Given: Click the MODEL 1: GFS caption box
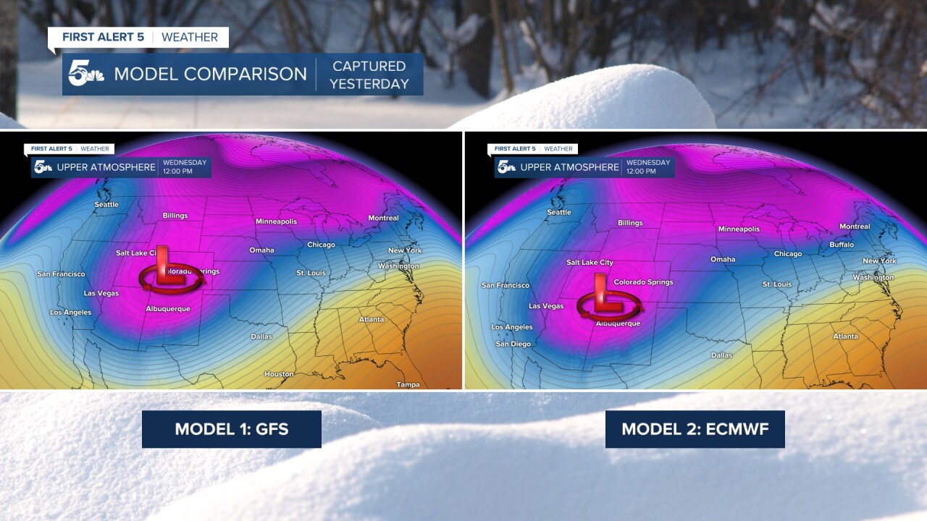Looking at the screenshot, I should (x=231, y=429).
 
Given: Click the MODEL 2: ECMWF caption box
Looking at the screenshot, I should (x=695, y=429).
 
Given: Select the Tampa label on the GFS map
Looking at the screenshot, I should (x=408, y=384).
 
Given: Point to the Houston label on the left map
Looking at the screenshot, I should (x=279, y=374).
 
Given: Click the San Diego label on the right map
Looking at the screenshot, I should (x=513, y=344).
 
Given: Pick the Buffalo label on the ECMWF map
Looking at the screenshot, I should (x=842, y=245).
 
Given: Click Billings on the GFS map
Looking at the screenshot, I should (x=175, y=216).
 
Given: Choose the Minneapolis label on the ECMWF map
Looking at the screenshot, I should (x=739, y=229).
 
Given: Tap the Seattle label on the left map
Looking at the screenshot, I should (x=106, y=205).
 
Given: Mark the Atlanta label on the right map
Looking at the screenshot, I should (x=845, y=336).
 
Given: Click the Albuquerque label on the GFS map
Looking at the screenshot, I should (x=168, y=309).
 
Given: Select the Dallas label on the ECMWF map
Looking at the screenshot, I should (x=721, y=355).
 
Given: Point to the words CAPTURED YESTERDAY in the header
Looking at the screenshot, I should (x=369, y=75).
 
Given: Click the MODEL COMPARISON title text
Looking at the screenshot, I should (x=210, y=74).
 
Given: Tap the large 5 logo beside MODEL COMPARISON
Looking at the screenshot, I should (x=85, y=74).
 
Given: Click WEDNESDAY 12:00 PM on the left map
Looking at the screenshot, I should (x=185, y=166).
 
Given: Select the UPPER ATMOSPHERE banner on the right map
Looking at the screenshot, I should (x=569, y=167).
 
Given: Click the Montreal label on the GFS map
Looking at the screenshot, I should (x=383, y=218).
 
